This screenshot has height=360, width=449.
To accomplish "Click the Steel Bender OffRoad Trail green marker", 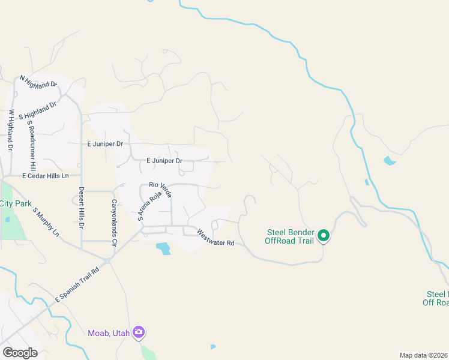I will coord(324,236).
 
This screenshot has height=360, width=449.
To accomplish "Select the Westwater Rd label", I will coord(215,239).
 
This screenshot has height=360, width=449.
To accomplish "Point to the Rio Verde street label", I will coord(161,189).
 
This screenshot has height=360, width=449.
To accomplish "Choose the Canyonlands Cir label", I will coord(113,215).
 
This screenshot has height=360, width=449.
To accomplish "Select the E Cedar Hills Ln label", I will coord(46,176).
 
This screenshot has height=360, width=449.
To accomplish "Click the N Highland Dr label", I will coord(38,81).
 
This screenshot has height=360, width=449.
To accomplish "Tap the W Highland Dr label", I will coord(10,130).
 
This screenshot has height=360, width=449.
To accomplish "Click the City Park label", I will coord(16,204).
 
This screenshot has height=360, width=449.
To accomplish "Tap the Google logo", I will coord(20,353).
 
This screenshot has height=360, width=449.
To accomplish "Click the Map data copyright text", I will coord(423,355).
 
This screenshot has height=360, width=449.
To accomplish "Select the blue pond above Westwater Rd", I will coord(163,247).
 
